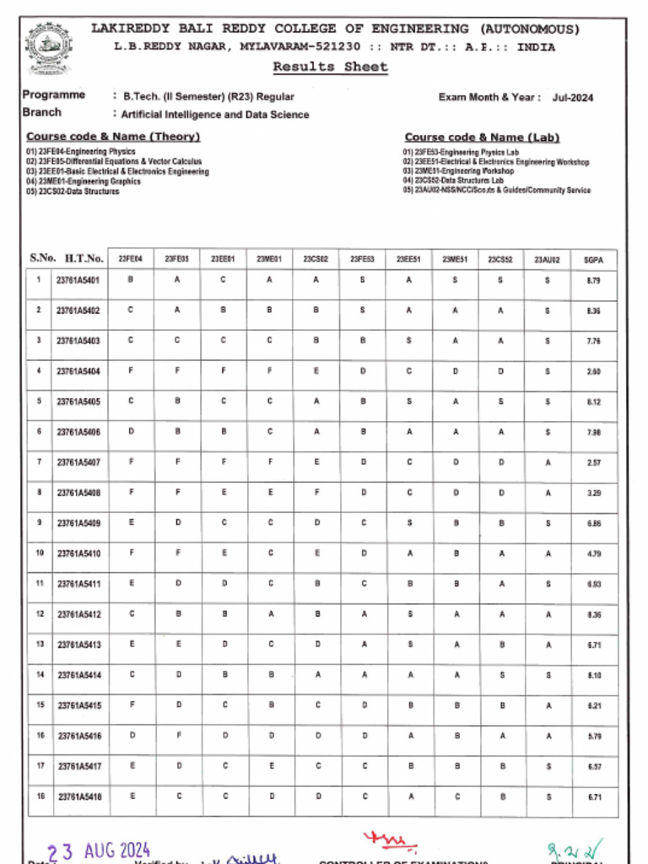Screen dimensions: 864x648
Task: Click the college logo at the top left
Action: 49,48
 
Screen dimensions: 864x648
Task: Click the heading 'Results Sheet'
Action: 330,67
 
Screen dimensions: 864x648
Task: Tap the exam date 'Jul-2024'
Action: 573,98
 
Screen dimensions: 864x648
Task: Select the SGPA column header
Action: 593,259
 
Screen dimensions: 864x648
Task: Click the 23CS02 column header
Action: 316,259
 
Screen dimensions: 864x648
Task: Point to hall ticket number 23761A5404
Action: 78,371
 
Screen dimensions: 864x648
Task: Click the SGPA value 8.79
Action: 593,280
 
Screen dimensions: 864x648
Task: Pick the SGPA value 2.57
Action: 593,462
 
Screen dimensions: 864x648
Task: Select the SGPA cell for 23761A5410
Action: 593,553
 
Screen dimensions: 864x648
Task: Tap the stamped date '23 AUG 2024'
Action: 98,850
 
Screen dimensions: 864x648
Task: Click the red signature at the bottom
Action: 390,840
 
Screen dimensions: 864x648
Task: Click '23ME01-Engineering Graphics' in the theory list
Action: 84,181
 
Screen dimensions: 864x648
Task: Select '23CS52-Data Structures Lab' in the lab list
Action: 453,181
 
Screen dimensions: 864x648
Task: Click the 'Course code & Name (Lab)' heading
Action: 482,138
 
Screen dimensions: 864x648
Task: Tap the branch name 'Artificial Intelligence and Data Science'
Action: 215,115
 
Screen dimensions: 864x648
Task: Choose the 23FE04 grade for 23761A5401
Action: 130,280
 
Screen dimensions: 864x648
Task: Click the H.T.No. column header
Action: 84,258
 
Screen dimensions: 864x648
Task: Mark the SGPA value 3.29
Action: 593,493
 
